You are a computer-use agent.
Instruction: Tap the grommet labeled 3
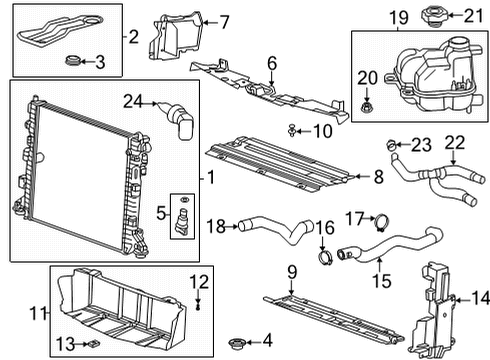pyautogui.click(x=71, y=64)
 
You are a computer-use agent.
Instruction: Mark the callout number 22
pyautogui.click(x=455, y=144)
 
